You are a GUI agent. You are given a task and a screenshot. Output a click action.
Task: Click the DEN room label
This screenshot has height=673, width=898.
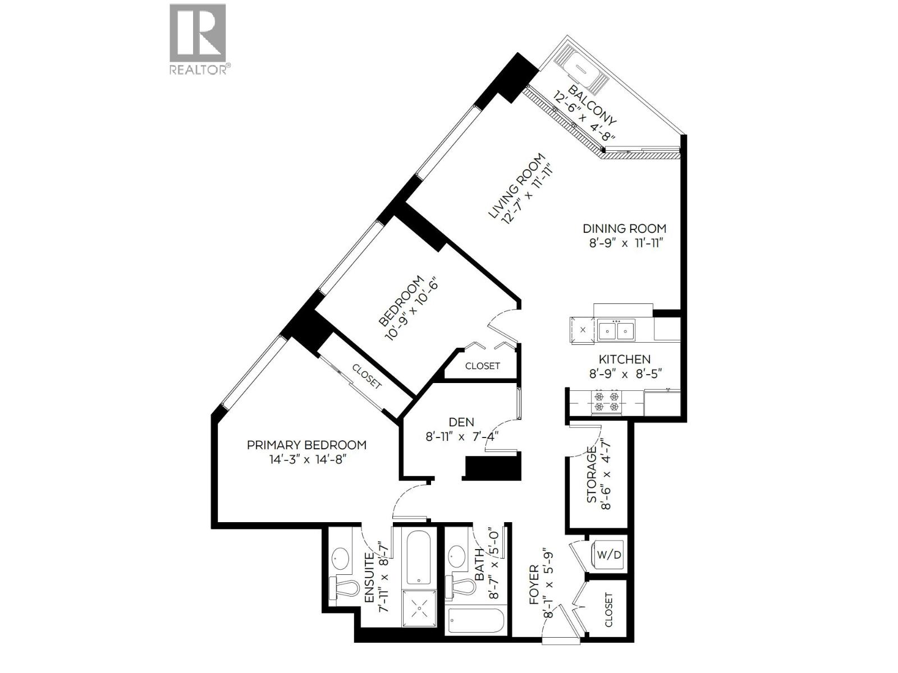(x=461, y=422)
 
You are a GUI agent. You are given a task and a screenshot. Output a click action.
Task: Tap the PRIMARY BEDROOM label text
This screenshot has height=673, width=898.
(x=306, y=445)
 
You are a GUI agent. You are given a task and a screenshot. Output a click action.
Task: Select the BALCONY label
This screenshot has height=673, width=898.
(x=592, y=105)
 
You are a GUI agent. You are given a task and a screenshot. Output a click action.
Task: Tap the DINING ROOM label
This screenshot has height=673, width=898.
(x=624, y=228)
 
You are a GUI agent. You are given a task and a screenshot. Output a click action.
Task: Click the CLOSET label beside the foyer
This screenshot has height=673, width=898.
(x=609, y=610)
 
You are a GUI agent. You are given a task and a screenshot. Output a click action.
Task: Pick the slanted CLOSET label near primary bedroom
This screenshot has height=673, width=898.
(x=366, y=376)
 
